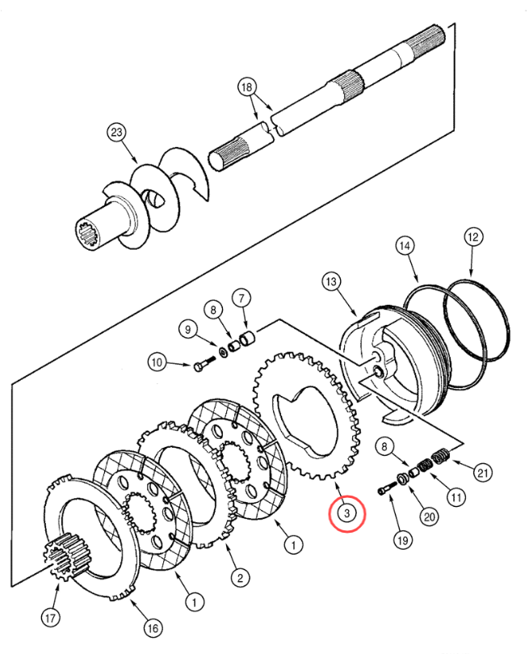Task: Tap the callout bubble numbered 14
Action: [x=405, y=245]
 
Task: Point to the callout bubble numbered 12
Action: [x=473, y=237]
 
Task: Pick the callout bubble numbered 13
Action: [x=330, y=281]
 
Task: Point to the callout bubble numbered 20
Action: [x=428, y=517]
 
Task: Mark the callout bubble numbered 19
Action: [x=401, y=538]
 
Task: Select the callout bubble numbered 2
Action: [x=239, y=577]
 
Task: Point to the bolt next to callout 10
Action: [x=200, y=366]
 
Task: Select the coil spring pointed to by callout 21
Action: [x=441, y=458]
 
